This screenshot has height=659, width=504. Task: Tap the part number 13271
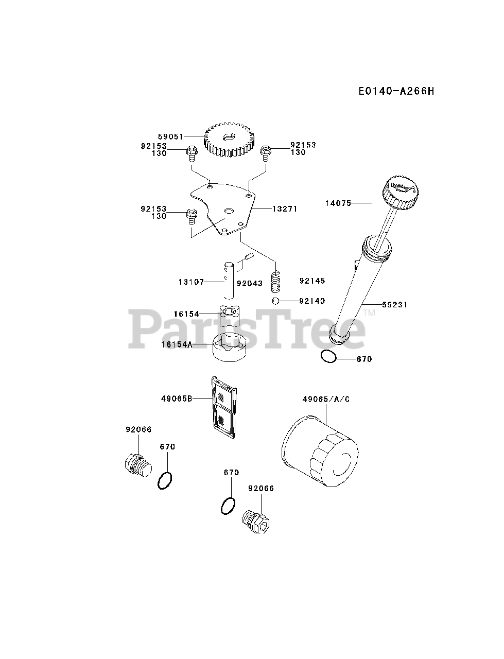click(285, 209)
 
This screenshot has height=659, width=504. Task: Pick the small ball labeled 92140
click(276, 301)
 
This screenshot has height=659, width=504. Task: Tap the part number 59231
click(394, 305)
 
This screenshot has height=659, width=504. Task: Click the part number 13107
click(191, 282)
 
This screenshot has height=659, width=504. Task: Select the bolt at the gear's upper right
click(266, 151)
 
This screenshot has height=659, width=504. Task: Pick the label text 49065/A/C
click(326, 399)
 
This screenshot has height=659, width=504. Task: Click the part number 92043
click(250, 283)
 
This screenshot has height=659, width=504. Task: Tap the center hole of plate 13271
click(228, 211)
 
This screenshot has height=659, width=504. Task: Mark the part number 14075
click(338, 203)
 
